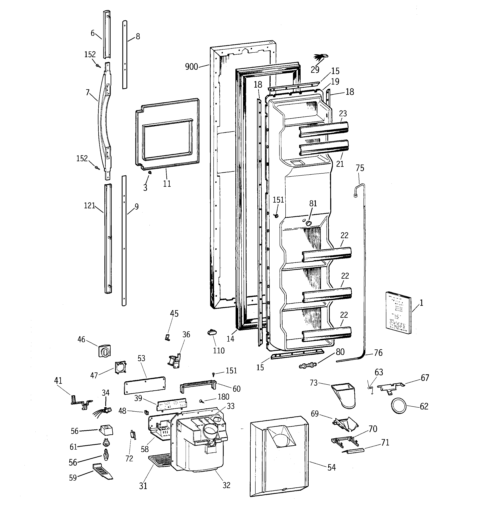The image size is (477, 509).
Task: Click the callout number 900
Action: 191,67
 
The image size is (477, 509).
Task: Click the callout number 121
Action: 89,206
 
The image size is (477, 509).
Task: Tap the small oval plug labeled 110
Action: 212,332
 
